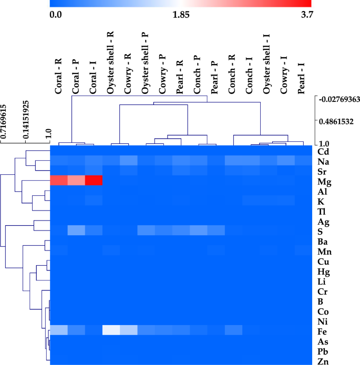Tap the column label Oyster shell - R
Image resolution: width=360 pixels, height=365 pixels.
tap(110, 62)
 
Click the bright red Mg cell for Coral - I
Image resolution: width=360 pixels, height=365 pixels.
tap(94, 181)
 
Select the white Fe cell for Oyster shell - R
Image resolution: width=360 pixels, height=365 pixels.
tap(111, 330)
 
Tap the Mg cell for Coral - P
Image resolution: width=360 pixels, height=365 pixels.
tap(76, 181)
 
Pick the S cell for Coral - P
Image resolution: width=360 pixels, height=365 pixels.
tap(76, 231)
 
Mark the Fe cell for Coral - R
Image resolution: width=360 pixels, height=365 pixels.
tap(59, 330)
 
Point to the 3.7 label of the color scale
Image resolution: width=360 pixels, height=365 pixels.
tap(305, 15)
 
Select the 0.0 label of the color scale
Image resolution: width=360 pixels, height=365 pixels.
tap(56, 15)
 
